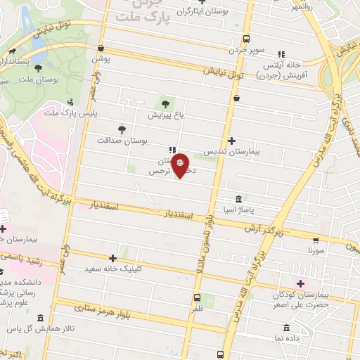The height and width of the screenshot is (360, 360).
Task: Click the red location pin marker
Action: (x=181, y=166)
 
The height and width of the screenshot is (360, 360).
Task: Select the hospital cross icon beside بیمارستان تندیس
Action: (x=231, y=141)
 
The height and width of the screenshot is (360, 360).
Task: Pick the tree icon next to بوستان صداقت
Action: (x=122, y=129)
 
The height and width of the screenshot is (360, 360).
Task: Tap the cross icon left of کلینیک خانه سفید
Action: (x=112, y=258)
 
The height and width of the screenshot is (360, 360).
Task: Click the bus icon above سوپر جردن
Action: (x=244, y=39)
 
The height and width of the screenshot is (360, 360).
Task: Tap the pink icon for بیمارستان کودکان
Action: (x=301, y=283)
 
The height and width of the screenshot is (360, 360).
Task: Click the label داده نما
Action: (x=287, y=338)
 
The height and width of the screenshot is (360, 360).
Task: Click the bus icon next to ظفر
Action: (x=197, y=296)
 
